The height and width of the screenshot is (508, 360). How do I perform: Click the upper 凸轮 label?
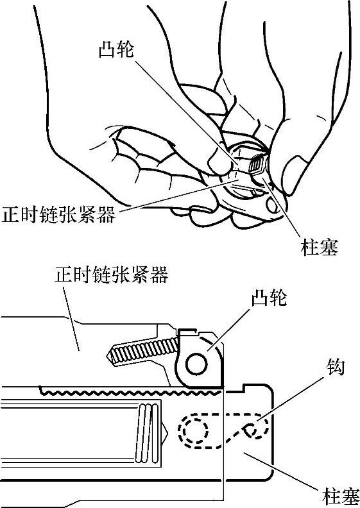tap(116, 49)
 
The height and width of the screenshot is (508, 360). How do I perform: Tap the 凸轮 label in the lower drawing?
tap(270, 298)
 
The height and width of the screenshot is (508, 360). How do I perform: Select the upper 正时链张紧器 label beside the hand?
tap(58, 214)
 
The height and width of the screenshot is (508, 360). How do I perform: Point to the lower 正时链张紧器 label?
tap(111, 275)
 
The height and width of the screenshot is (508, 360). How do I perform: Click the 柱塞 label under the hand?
tap(320, 247)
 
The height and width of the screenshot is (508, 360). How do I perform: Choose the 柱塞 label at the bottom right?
tap(341, 495)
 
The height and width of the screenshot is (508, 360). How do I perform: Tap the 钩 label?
tap(334, 367)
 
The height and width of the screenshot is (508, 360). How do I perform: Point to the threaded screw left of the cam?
tap(142, 351)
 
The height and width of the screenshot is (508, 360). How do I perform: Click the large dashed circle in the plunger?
tap(194, 431)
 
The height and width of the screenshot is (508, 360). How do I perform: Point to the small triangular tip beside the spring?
tap(165, 431)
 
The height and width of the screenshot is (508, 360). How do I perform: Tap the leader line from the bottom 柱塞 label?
tap(280, 470)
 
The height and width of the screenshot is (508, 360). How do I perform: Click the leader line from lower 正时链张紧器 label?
tap(71, 319)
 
